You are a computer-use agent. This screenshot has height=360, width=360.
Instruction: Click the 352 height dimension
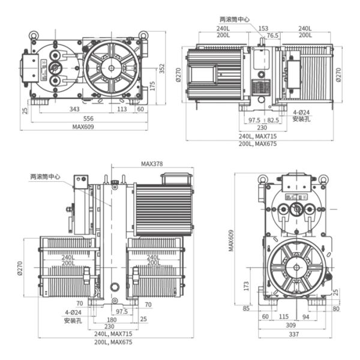[x=161, y=70]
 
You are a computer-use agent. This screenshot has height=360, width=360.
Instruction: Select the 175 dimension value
[x=152, y=86]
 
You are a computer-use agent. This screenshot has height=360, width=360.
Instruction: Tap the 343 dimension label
[x=75, y=109]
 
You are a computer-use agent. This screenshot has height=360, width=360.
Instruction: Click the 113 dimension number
[x=122, y=109]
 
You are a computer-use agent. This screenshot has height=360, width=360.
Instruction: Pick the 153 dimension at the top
[x=263, y=28]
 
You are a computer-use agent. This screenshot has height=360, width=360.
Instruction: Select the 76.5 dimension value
[x=272, y=35]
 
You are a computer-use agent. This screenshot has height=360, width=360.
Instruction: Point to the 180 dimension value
[x=112, y=319]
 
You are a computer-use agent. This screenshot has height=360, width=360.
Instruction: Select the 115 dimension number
[x=284, y=317]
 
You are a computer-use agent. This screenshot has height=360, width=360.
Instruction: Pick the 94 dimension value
[x=305, y=317]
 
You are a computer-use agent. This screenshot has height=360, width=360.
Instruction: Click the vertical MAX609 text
[x=231, y=240]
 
